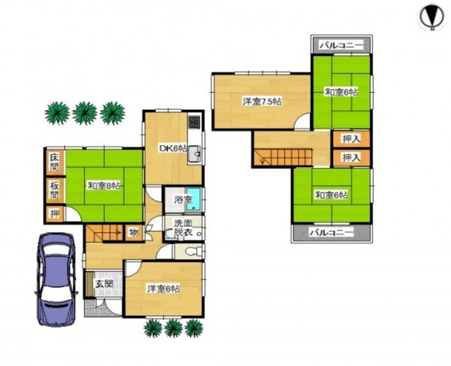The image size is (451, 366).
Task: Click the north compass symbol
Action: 432,17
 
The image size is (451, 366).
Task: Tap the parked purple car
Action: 57,279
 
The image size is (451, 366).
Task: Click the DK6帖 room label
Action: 173,148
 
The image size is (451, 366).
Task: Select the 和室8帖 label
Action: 103,185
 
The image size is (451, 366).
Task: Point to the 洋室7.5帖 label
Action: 262,101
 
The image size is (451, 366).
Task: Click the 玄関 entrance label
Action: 104,284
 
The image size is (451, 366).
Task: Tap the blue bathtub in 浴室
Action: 194,199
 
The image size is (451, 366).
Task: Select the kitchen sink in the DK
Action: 195,154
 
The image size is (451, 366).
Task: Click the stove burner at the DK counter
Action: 195,122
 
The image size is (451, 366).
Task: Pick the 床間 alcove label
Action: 54,162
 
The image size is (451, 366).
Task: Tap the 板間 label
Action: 54,190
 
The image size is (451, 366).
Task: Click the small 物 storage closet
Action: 134,232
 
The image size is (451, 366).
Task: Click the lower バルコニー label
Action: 331,232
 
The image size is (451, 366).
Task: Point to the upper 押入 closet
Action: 351,139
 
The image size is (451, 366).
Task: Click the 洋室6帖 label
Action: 164,288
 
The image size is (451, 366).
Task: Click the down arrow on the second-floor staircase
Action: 262,160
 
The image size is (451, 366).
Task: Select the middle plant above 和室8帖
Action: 85,113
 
